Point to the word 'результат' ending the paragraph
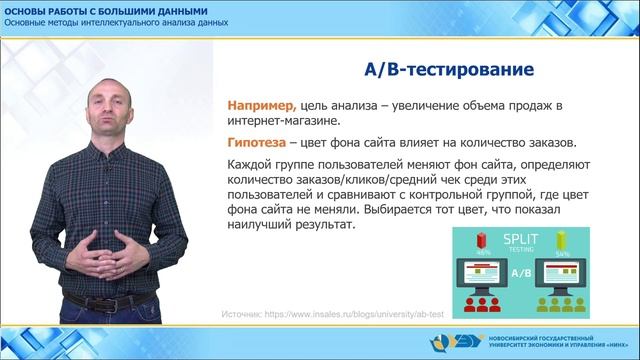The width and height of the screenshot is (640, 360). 324,228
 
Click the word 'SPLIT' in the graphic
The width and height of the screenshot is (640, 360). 516,242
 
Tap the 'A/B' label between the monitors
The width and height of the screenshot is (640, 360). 521,272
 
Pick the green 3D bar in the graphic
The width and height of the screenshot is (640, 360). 561,240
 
